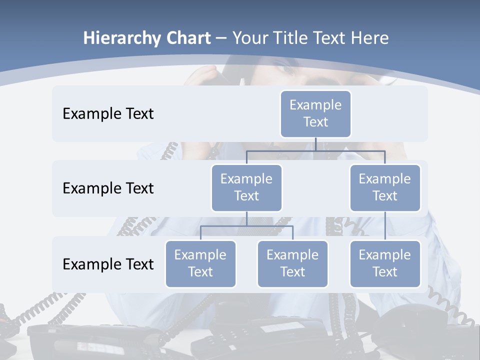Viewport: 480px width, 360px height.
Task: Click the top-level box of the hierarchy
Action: (x=315, y=114)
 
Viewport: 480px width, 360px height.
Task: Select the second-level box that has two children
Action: (x=246, y=188)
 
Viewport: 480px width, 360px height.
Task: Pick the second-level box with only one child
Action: (x=385, y=188)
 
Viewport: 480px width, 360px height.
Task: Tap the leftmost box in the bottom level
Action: (x=200, y=264)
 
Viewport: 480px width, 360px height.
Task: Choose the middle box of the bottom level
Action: (x=292, y=264)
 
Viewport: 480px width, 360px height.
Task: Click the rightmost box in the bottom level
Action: (x=385, y=264)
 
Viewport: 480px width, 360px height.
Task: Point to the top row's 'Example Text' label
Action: (x=108, y=114)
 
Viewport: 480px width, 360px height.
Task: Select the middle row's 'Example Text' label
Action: (x=108, y=188)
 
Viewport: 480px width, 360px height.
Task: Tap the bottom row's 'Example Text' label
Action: (x=108, y=264)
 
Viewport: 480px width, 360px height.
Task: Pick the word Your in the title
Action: (x=250, y=38)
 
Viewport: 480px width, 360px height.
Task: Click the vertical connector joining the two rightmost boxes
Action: (x=385, y=226)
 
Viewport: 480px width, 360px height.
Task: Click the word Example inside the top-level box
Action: (x=315, y=105)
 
